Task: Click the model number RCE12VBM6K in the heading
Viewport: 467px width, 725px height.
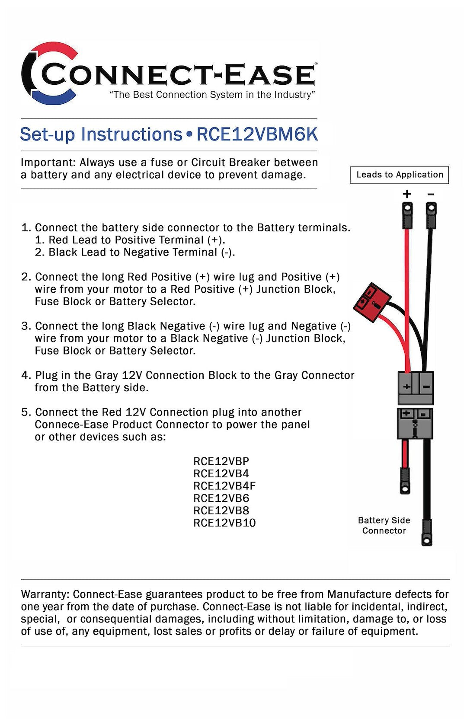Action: (257, 134)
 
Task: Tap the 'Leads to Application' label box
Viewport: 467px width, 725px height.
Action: (400, 175)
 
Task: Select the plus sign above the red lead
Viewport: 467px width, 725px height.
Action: (406, 194)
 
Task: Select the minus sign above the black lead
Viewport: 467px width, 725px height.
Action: (430, 194)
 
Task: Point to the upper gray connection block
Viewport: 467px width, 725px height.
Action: (416, 387)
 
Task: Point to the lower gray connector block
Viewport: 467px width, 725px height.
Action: (415, 423)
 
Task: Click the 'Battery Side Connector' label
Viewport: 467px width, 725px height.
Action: (384, 525)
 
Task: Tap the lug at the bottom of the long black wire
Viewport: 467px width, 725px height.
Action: (427, 533)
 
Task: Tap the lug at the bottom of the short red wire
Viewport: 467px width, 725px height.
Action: (405, 481)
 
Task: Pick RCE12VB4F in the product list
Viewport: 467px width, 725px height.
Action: (224, 485)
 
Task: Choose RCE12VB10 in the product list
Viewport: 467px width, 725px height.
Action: (224, 523)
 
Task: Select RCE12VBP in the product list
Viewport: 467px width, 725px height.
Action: (221, 461)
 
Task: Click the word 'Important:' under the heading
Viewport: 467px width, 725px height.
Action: (48, 163)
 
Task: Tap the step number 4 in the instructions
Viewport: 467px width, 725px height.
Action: (25, 375)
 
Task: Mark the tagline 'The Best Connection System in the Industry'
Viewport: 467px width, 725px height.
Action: (212, 95)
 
